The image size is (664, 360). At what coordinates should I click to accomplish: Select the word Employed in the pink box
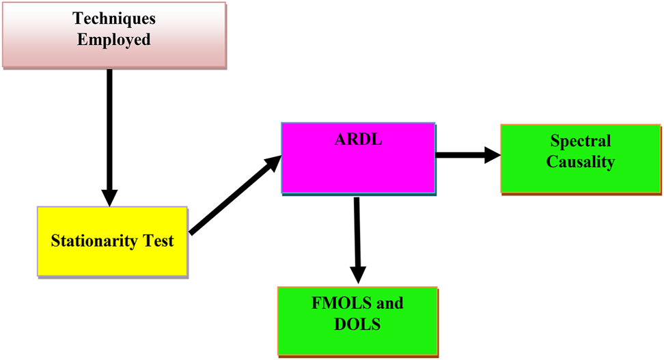pyautogui.click(x=114, y=40)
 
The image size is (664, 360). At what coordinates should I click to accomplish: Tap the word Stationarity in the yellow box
pyautogui.click(x=92, y=241)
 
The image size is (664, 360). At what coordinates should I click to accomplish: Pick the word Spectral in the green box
pyautogui.click(x=581, y=141)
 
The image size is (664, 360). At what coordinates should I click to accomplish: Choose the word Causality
pyautogui.click(x=581, y=162)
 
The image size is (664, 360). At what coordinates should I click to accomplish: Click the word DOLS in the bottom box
pyautogui.click(x=357, y=324)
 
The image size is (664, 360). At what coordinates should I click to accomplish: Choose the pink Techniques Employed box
pyautogui.click(x=114, y=55)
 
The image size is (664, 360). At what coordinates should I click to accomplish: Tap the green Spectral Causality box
pyautogui.click(x=581, y=179)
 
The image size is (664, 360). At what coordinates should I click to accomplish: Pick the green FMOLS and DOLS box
pyautogui.click(x=357, y=342)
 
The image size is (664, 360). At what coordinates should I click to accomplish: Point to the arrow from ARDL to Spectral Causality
pyautogui.click(x=465, y=155)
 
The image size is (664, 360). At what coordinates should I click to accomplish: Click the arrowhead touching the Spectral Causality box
pyautogui.click(x=493, y=155)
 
